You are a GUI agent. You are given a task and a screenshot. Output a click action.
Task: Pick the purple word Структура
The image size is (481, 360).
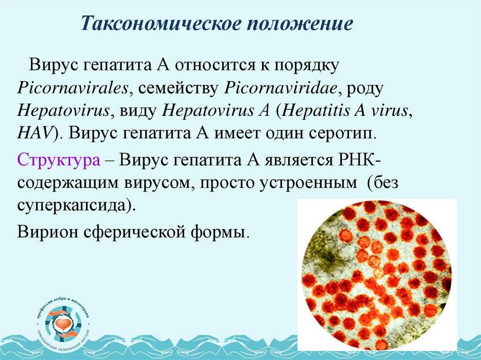point(58,161)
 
